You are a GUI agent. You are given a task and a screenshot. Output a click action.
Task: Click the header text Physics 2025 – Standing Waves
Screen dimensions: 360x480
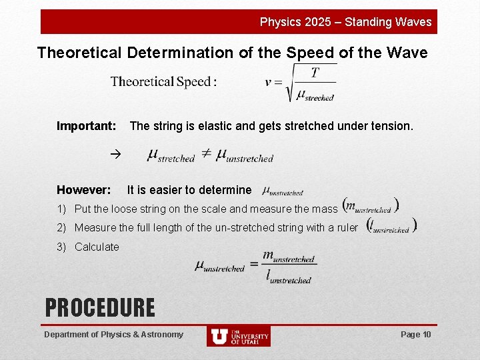coord(345,22)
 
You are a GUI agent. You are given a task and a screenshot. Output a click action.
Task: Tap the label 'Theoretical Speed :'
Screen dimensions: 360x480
coord(163,82)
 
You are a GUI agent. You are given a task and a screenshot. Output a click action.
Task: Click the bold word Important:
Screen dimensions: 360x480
coord(87,126)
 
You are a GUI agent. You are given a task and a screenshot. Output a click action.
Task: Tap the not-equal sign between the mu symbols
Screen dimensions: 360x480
coord(206,154)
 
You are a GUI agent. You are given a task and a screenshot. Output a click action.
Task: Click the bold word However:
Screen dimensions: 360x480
coord(84,190)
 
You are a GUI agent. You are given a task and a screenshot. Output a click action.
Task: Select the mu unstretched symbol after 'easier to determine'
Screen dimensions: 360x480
coord(283,191)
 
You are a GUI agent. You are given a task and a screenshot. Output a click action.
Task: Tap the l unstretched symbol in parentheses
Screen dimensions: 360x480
coord(391,227)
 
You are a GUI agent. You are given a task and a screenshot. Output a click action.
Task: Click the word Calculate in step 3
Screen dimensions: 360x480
coord(97,247)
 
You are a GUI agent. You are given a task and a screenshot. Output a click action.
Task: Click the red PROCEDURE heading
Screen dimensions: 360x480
coord(99,307)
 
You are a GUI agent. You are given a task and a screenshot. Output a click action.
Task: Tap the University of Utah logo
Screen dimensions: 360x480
coord(238,336)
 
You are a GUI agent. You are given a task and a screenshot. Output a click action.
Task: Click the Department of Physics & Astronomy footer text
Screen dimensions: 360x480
coord(113,334)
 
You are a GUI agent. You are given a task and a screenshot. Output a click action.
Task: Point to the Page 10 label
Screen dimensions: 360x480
coord(416,334)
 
